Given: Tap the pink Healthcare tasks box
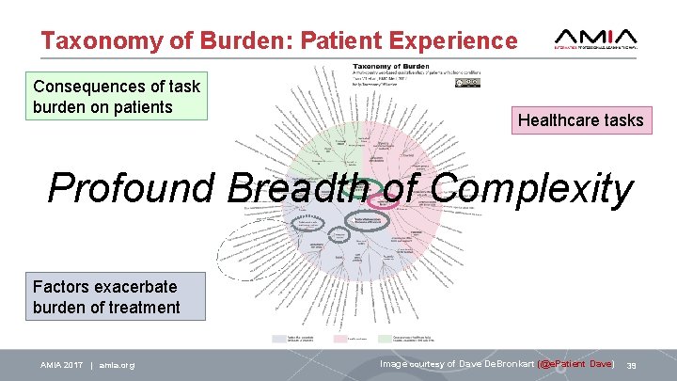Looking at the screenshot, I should click(580, 119).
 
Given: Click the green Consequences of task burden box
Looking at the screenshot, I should click(117, 97).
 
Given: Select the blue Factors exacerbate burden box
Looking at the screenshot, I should click(106, 295).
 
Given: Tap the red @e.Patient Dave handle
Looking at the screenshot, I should click(575, 363).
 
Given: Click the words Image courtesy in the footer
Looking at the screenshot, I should click(413, 363).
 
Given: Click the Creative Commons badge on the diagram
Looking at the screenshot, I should click(468, 83).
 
